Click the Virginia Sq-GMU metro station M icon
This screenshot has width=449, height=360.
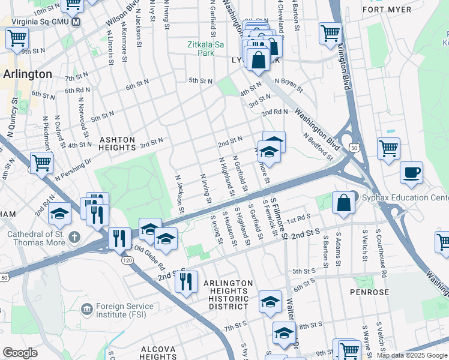[76, 22]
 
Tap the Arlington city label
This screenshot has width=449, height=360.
[28, 74]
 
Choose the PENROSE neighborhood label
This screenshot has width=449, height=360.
[370, 292]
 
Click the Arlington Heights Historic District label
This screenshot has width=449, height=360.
[226, 295]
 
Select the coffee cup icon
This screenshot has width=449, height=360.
[412, 173]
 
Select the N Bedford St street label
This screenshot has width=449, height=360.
[318, 146]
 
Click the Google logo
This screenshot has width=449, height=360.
[20, 353]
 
